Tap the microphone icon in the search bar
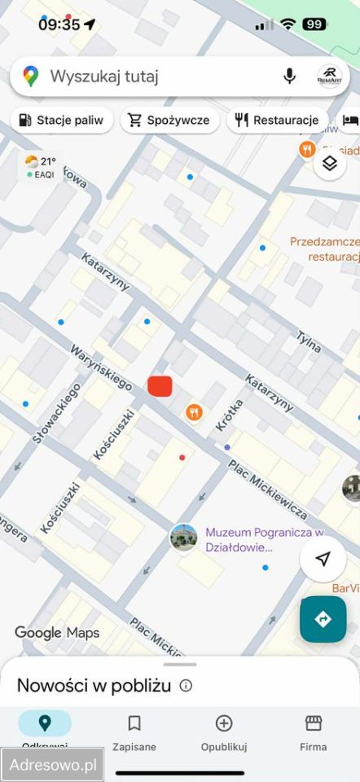(289, 77)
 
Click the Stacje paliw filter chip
(62, 121)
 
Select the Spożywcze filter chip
(169, 121)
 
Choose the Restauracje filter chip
(277, 121)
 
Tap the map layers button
(329, 163)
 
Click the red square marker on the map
(160, 386)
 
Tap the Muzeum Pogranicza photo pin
(183, 538)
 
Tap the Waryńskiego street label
(102, 365)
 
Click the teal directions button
(323, 619)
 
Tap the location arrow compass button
(323, 559)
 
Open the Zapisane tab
(134, 732)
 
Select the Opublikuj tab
(224, 732)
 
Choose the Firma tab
(314, 732)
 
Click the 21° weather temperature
(48, 161)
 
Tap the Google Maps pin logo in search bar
(31, 77)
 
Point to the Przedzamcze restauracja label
(324, 248)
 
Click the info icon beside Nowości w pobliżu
(186, 686)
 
